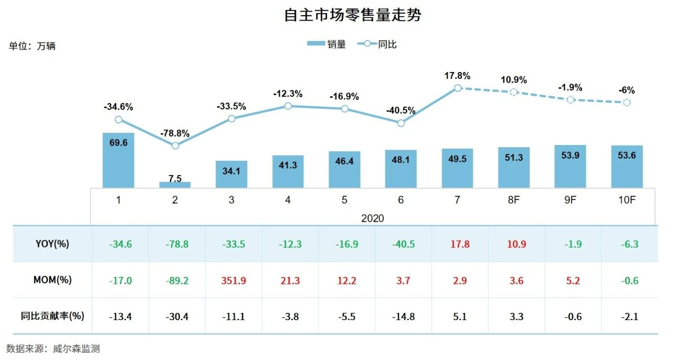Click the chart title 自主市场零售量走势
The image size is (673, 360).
(352, 15)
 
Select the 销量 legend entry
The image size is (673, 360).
(327, 45)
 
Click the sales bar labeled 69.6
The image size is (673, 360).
(118, 160)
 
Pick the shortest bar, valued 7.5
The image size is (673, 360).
(175, 184)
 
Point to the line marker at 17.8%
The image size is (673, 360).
(457, 88)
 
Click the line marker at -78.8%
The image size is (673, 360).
(175, 146)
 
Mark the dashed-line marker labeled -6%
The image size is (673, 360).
(627, 102)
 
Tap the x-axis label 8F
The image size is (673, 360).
(514, 200)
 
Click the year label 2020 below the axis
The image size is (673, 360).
(373, 218)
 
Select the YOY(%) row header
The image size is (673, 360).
(52, 244)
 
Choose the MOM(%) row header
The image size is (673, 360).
(52, 280)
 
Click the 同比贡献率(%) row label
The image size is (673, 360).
(52, 316)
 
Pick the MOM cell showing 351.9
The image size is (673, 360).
(232, 281)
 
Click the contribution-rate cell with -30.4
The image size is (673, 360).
(176, 316)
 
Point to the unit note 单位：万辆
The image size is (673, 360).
(32, 46)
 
